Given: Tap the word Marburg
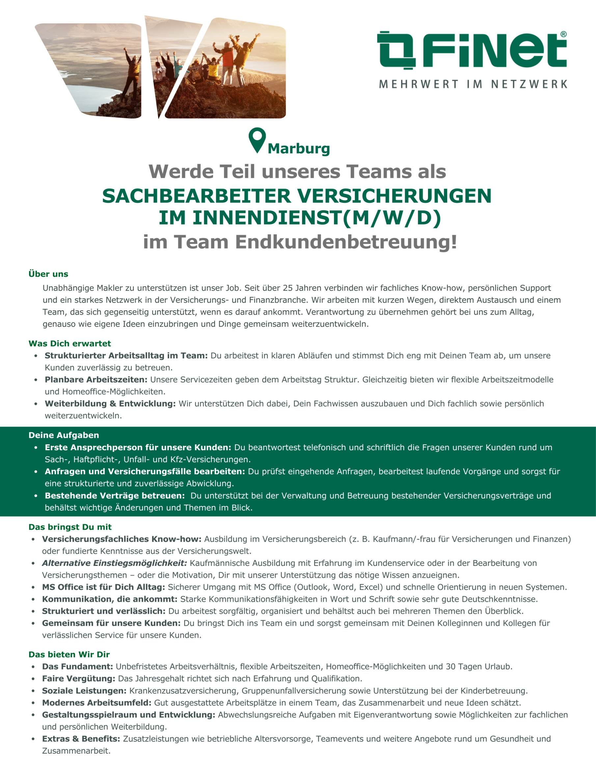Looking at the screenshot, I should (299, 148).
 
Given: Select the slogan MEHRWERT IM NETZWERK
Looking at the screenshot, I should (473, 84).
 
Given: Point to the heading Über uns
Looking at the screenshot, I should (48, 274).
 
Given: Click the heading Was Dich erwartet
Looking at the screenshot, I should (69, 343).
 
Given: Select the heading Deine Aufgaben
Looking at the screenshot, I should (64, 435).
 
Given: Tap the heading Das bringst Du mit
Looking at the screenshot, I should (70, 527).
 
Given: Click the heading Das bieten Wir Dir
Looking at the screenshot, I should (69, 654).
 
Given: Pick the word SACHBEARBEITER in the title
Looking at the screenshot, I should (197, 196).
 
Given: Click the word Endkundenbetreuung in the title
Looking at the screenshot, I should (346, 242).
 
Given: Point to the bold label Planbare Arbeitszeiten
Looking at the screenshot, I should (96, 380).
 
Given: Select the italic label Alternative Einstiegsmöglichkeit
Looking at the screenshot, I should (115, 563).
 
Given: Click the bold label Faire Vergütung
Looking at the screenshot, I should (78, 678).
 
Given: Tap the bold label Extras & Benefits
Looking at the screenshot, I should (81, 739).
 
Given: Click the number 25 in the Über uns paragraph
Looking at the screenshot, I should (288, 288).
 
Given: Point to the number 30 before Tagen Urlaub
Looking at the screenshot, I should (450, 667).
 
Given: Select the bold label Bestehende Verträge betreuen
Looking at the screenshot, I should (115, 495).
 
